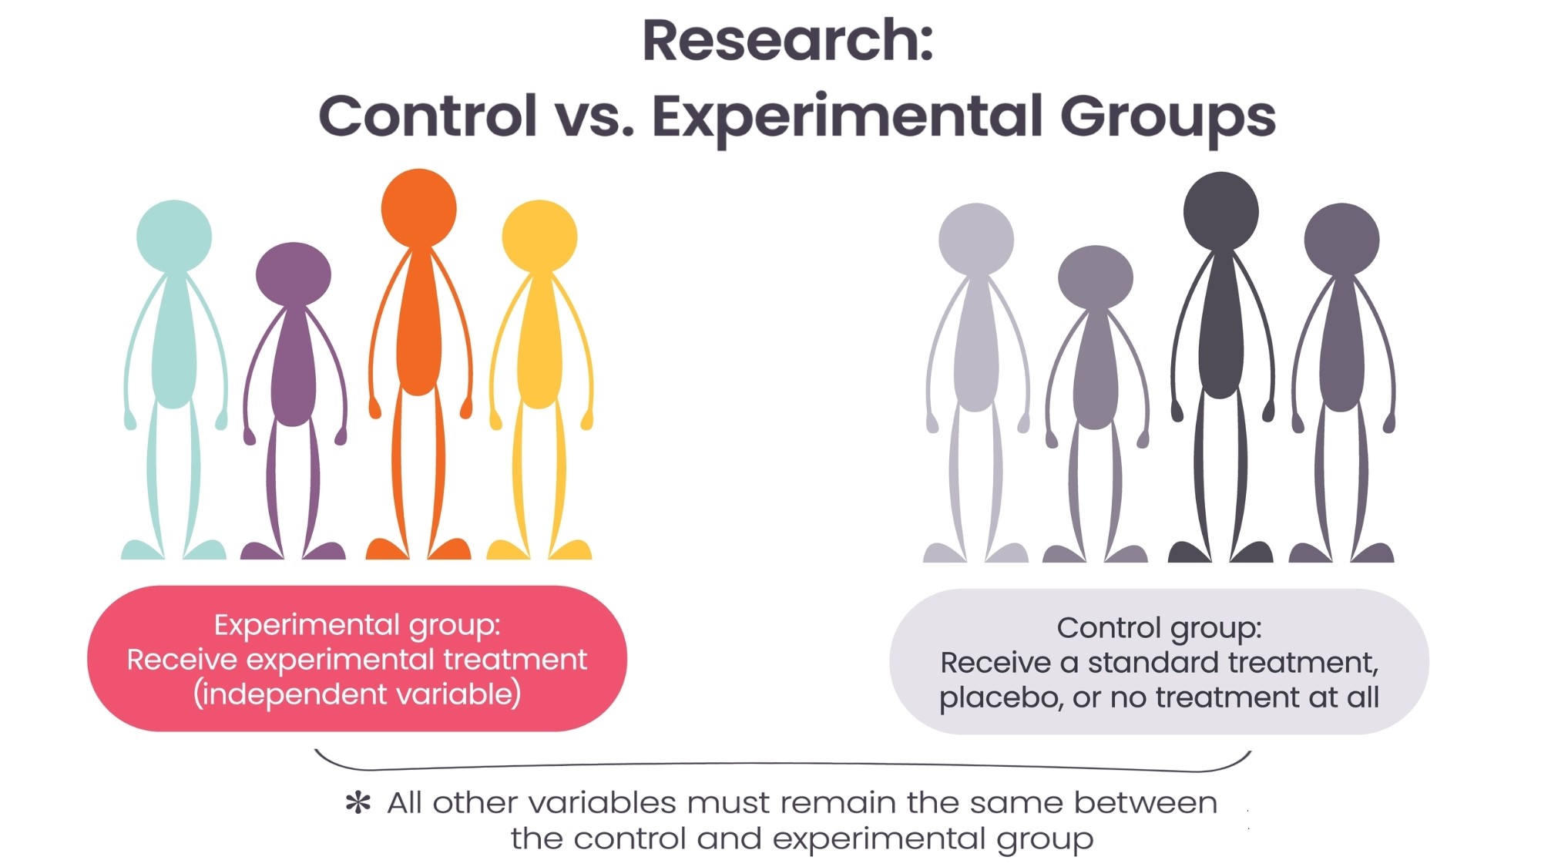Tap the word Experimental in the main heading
[x=848, y=117]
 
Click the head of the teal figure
[x=174, y=236]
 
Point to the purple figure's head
[x=293, y=274]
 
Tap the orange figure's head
[x=418, y=208]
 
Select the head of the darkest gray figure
[x=1220, y=211]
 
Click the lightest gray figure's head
[x=976, y=239]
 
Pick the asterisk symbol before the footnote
[x=358, y=803]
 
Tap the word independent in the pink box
[x=292, y=694]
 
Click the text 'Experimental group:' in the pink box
[x=357, y=625]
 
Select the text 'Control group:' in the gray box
[x=1159, y=628]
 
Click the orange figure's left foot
[x=385, y=549]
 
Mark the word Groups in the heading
[x=1167, y=117]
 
